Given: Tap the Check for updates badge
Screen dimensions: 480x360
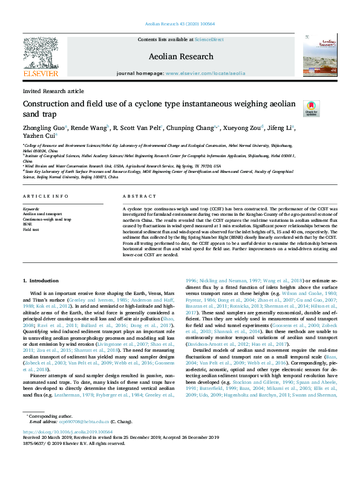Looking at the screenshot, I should click(312, 108).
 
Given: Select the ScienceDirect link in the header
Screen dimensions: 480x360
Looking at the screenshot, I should click(209, 39).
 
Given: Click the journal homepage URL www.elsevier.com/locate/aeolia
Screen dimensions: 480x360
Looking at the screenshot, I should click(206, 73).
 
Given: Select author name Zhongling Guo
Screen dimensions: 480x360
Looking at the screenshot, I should click(44, 128).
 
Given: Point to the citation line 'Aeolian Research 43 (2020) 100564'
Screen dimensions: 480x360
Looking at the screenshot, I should click(180, 24).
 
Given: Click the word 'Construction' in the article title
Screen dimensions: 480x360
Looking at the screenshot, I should click(48, 103).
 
